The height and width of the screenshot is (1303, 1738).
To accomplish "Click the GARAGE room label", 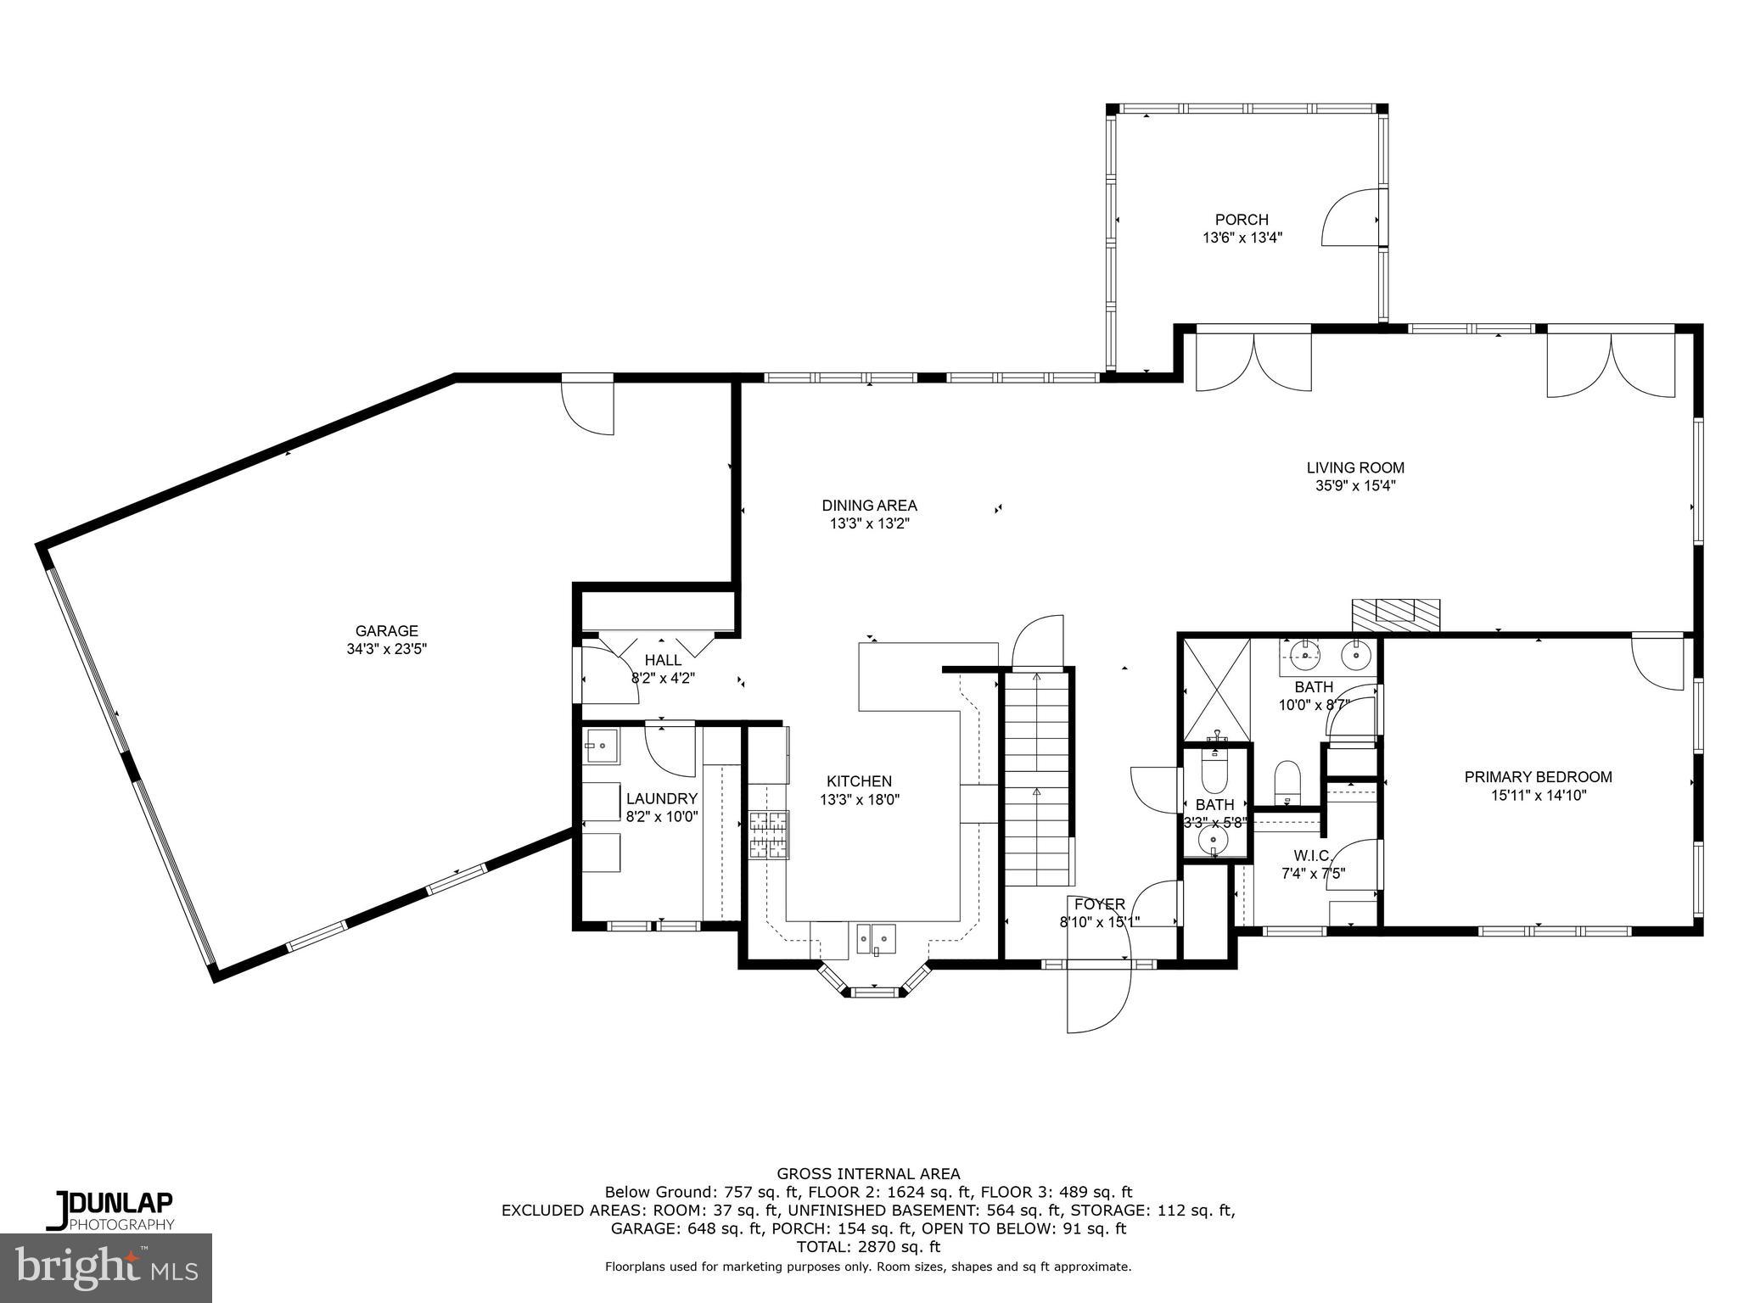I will pyautogui.click(x=386, y=630).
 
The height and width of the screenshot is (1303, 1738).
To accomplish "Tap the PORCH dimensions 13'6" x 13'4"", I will pyautogui.click(x=1242, y=238).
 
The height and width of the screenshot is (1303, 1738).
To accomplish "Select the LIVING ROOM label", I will pyautogui.click(x=1354, y=467).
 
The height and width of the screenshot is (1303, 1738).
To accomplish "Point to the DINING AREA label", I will pyautogui.click(x=869, y=506).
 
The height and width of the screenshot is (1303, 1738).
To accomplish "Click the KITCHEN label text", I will pyautogui.click(x=859, y=781).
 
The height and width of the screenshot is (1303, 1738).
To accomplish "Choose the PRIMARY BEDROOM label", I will pyautogui.click(x=1538, y=776).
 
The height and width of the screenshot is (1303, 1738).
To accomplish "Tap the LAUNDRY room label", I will pyautogui.click(x=661, y=798).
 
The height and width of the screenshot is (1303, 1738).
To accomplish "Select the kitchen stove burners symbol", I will pyautogui.click(x=768, y=836).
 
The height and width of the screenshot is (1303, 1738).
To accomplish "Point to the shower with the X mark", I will pyautogui.click(x=1216, y=690).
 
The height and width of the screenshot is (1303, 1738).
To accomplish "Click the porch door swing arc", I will pyautogui.click(x=1349, y=219).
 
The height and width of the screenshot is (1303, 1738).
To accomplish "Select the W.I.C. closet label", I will pyautogui.click(x=1313, y=855).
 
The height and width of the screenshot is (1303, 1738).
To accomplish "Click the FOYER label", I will pyautogui.click(x=1099, y=904).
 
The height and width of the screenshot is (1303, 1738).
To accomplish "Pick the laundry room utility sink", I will pyautogui.click(x=601, y=747).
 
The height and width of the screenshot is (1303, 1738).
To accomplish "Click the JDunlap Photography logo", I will pyautogui.click(x=110, y=1211).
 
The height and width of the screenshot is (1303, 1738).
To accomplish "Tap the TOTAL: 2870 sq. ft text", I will pyautogui.click(x=868, y=1247).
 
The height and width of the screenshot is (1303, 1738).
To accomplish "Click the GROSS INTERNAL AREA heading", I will pyautogui.click(x=868, y=1174).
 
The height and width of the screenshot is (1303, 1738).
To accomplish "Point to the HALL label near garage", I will pyautogui.click(x=663, y=660).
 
